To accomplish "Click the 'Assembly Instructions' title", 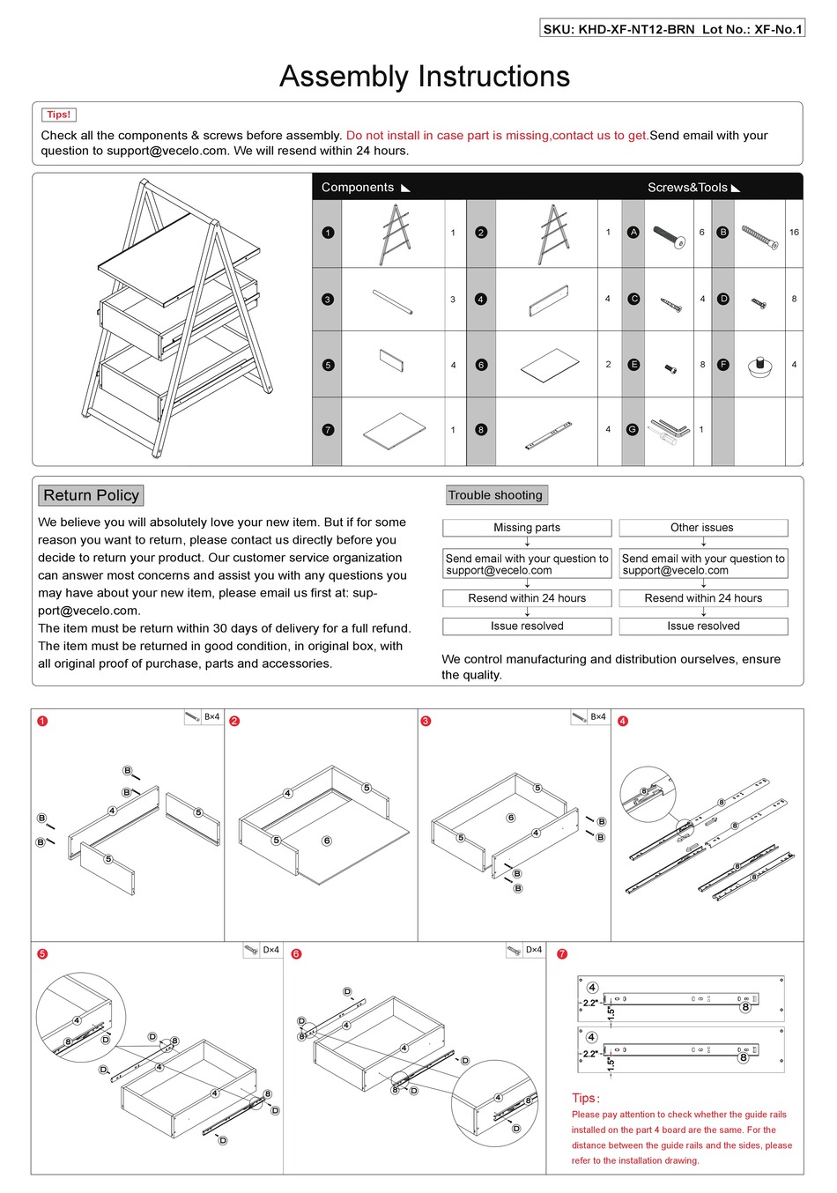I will point(424,77).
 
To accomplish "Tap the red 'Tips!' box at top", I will point(59,115).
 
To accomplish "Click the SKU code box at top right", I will point(672,29).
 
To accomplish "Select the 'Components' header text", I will point(358,188).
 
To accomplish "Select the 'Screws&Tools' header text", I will point(687,188).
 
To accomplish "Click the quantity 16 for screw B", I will point(794,233).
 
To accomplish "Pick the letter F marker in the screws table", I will point(723,364).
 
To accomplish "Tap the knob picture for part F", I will point(759,366).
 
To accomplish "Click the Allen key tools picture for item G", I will point(669,430).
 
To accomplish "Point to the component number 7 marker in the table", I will point(328,430).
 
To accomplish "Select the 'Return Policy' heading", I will point(91,495).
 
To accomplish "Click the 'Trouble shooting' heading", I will point(495,495).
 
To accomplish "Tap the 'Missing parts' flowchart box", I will point(527,528).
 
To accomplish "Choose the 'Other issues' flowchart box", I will point(702,528).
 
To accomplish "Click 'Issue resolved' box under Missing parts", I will point(527,626).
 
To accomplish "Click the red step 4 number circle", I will point(623,721).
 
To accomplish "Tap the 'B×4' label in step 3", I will point(597,717).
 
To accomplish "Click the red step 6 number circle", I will point(296,953).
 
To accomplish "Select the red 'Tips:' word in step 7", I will point(585,1098).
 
